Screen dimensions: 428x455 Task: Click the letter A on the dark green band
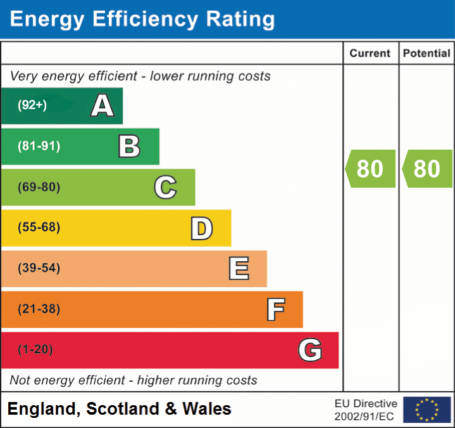click(x=103, y=105)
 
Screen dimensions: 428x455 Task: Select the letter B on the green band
click(x=129, y=146)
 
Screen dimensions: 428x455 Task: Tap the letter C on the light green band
click(x=165, y=187)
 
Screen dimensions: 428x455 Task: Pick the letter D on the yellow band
click(x=201, y=228)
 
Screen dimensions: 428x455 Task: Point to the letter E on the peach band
click(x=239, y=269)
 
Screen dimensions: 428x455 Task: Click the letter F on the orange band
click(x=275, y=309)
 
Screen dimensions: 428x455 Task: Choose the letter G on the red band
click(x=310, y=350)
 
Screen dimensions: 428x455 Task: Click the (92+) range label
click(x=32, y=105)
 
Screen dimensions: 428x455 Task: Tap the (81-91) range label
click(x=39, y=146)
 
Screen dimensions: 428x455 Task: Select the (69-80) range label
click(x=39, y=187)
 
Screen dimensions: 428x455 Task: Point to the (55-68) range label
click(x=39, y=228)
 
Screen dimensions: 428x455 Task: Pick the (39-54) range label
click(x=39, y=268)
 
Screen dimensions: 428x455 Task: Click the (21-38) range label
click(x=39, y=309)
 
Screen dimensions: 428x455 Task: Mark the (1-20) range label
click(x=35, y=349)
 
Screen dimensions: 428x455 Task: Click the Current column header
click(x=370, y=54)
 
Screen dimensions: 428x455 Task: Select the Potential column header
click(x=427, y=54)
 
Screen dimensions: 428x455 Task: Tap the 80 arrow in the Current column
click(x=370, y=169)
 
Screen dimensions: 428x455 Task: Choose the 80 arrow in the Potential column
click(x=427, y=169)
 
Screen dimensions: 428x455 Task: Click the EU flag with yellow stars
click(x=427, y=410)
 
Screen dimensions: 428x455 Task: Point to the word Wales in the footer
click(x=207, y=409)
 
